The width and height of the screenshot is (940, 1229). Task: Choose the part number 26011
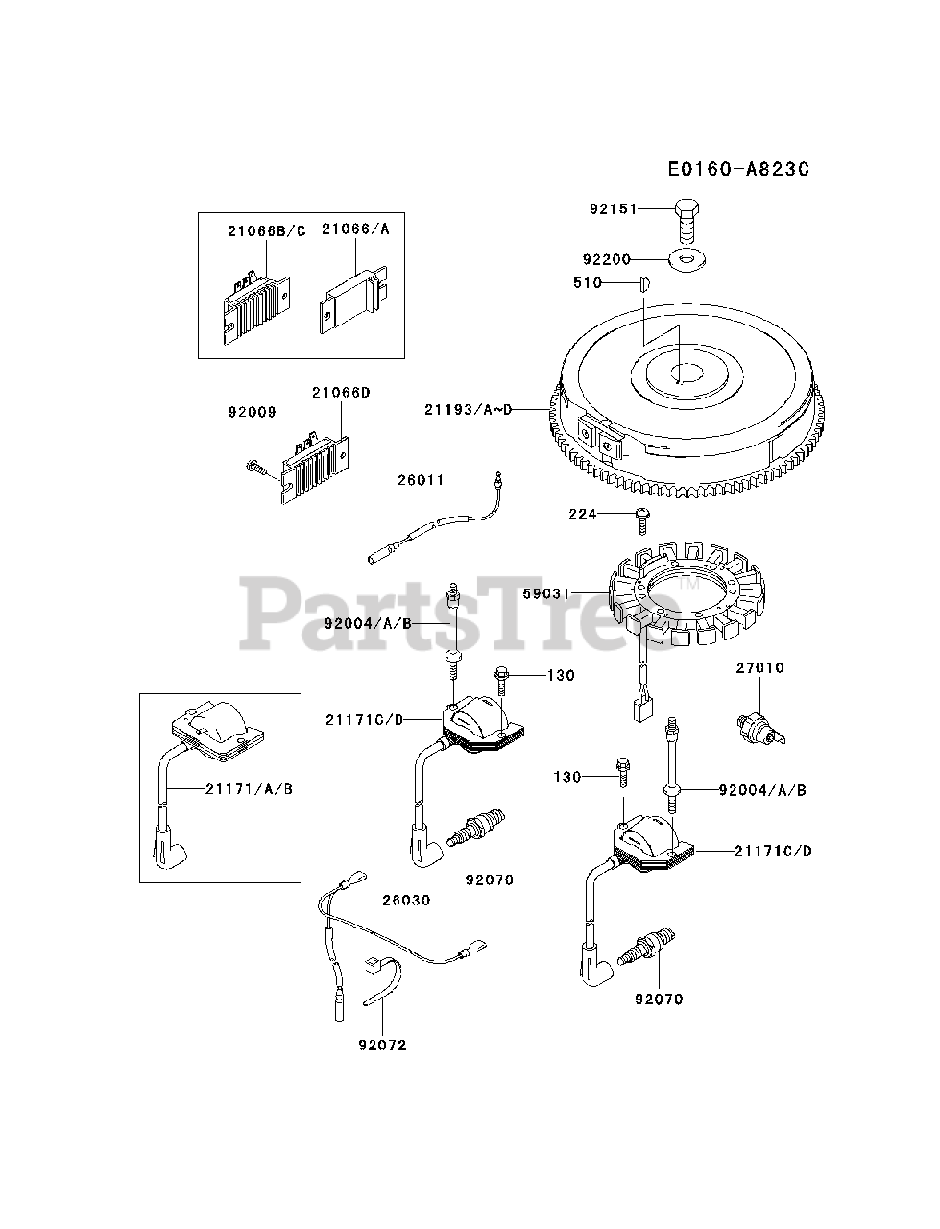(x=422, y=480)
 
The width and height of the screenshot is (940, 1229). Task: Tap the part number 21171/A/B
(x=249, y=789)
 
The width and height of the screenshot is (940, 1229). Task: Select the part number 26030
(x=406, y=901)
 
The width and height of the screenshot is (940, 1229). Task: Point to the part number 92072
(x=381, y=1045)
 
